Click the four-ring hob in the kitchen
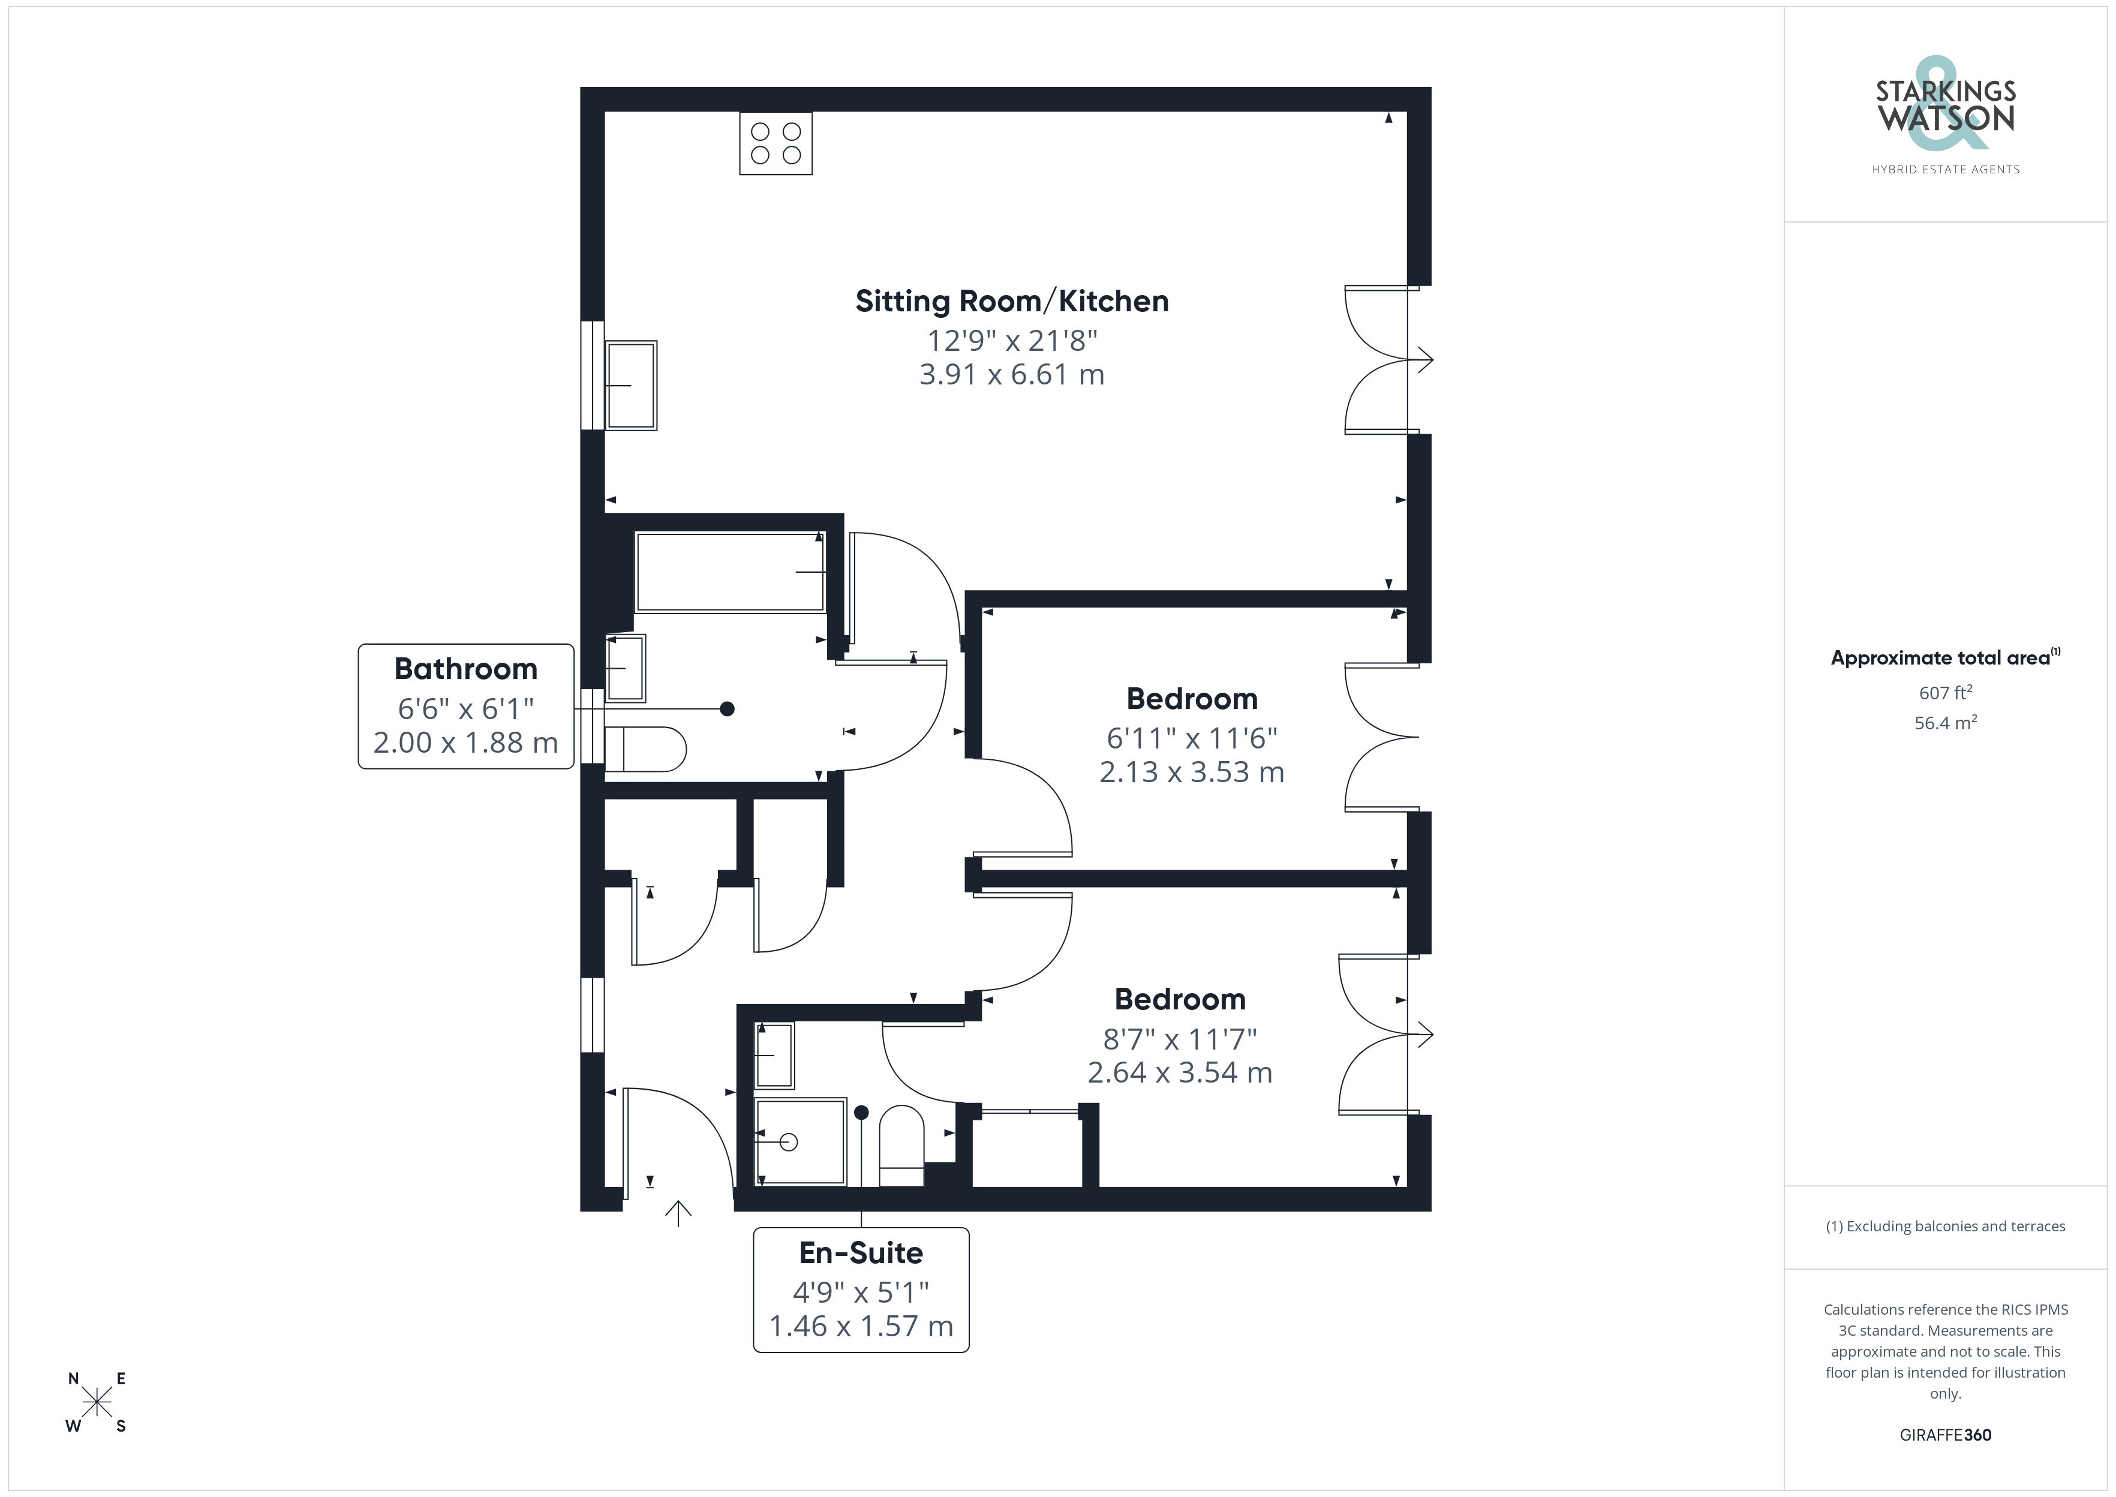click(776, 143)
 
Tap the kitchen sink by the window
click(630, 385)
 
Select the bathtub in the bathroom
click(730, 572)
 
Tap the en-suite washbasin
click(774, 1056)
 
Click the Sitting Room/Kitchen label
click(1012, 302)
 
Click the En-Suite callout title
click(861, 1253)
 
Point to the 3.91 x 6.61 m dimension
click(1012, 374)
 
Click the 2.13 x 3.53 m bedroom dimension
click(1192, 771)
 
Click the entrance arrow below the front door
click(678, 1214)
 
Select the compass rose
click(97, 1403)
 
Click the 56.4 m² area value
click(1946, 723)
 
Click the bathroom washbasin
click(626, 668)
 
